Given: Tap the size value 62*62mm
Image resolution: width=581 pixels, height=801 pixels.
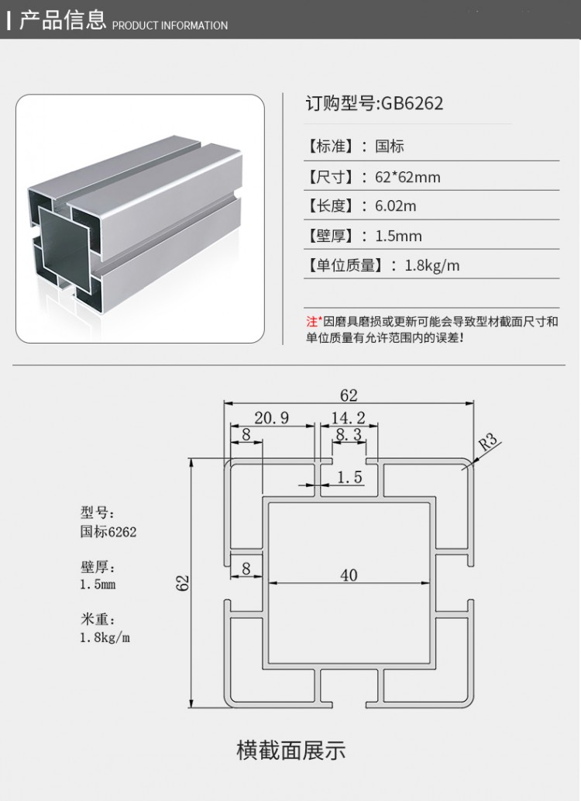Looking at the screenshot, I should (407, 177).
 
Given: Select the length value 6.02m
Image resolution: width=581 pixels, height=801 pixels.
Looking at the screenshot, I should (396, 206).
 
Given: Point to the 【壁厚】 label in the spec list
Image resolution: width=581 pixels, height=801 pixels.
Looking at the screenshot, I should (333, 236).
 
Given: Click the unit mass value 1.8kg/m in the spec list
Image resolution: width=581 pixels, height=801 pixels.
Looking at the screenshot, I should (432, 265).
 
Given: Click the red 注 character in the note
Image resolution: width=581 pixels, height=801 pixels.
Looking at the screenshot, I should (311, 321).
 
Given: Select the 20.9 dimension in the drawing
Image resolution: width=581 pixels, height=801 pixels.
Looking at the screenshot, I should (271, 419).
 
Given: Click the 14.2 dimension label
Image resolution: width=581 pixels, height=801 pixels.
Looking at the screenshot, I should (348, 419).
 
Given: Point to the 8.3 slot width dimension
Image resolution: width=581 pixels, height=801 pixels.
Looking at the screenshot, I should (349, 435).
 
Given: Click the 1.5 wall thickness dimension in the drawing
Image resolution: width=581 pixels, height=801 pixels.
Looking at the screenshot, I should (349, 478).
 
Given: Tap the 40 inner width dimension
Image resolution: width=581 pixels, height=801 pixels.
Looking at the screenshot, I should (349, 575).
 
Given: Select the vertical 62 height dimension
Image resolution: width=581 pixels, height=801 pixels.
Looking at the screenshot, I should (184, 583).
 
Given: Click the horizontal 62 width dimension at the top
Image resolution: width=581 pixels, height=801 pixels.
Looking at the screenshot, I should (349, 395).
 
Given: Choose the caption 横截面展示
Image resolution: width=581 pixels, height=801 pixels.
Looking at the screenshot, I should (290, 751).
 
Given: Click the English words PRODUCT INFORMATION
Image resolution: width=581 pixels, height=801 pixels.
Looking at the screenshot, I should (170, 26).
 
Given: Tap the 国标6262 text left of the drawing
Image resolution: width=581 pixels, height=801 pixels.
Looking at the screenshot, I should (108, 532).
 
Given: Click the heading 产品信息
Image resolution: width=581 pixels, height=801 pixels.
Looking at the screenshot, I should (63, 20).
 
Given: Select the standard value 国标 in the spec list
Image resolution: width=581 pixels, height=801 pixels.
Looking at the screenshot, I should (390, 146).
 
